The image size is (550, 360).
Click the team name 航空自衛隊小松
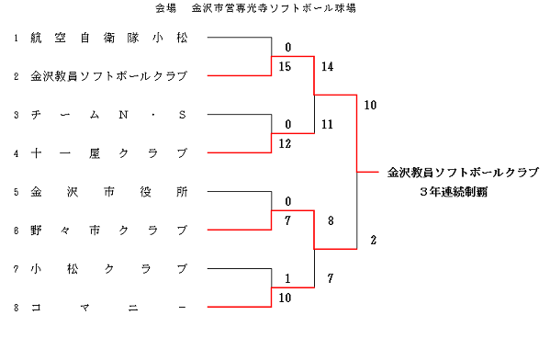pyautogui.click(x=108, y=38)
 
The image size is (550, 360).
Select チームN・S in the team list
pyautogui.click(x=108, y=115)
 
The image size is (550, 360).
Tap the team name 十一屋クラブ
pyautogui.click(x=108, y=152)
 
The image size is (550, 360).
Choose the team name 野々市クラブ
pyautogui.click(x=108, y=230)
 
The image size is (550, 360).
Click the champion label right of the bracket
pyautogui.click(x=462, y=172)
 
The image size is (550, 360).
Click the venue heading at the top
pyautogui.click(x=255, y=8)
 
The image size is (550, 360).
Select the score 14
pyautogui.click(x=327, y=66)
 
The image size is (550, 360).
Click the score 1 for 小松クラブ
pyautogui.click(x=288, y=278)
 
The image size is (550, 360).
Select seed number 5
pyautogui.click(x=17, y=192)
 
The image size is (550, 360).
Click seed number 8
pyautogui.click(x=17, y=308)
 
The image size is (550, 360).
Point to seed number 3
pyautogui.click(x=17, y=115)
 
